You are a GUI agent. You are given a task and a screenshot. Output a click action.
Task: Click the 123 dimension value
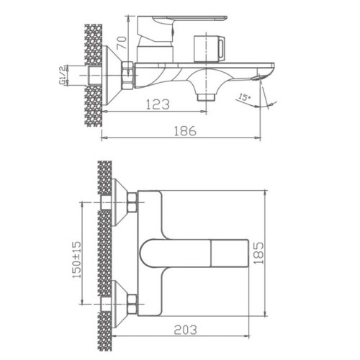click(x=158, y=104)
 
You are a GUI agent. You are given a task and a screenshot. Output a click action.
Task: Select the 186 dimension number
click(x=185, y=131)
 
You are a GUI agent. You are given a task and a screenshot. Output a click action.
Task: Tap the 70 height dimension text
click(x=122, y=42)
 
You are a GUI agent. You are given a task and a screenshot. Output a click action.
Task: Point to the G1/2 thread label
click(x=62, y=75)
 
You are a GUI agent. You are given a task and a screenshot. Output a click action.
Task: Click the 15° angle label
click(x=244, y=97)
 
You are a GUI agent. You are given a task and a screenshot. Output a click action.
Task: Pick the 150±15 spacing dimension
click(x=77, y=260)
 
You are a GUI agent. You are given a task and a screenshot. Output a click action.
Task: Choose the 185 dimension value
click(x=258, y=253)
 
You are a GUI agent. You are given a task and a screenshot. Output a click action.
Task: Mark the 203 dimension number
click(x=185, y=330)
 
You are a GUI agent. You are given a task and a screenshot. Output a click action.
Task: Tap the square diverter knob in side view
click(x=209, y=49)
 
